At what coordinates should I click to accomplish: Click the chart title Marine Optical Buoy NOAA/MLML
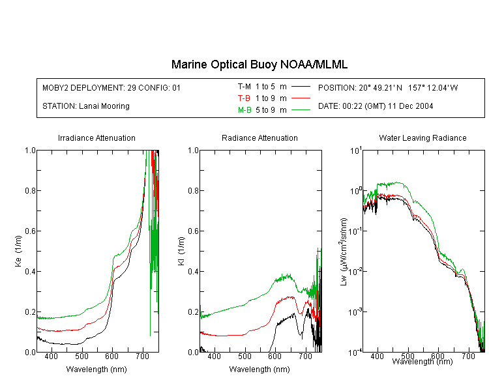click(259, 65)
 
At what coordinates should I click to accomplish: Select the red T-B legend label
click(244, 98)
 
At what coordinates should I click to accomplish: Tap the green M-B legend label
click(244, 110)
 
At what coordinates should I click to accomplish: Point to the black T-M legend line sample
click(301, 87)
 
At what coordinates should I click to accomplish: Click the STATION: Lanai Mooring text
click(86, 106)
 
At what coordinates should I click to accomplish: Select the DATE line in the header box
click(376, 106)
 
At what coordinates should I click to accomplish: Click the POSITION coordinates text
click(388, 88)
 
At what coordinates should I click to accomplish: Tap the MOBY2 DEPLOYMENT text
click(111, 88)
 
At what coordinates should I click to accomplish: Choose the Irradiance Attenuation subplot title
click(96, 138)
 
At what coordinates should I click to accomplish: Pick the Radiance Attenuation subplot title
click(259, 138)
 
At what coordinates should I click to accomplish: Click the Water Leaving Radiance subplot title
click(422, 138)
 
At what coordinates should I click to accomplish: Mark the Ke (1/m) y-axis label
click(18, 251)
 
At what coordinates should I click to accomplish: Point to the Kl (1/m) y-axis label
click(181, 252)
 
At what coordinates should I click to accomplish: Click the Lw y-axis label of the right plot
click(344, 252)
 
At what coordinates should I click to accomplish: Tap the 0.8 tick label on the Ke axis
click(30, 190)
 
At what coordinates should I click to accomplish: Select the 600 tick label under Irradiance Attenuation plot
click(111, 356)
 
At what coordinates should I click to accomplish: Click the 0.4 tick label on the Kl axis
click(194, 271)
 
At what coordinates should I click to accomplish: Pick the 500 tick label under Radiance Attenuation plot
click(244, 356)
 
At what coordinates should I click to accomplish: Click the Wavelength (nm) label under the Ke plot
click(96, 369)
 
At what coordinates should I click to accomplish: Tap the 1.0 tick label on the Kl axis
click(194, 151)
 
